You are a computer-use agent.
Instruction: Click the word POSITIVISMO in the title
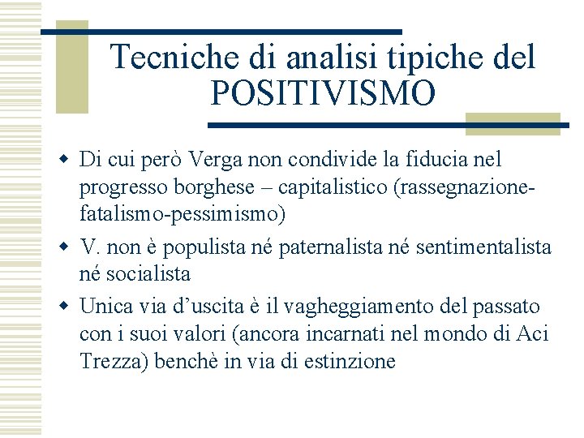(x=323, y=94)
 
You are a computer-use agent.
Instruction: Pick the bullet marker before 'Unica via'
(x=65, y=307)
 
